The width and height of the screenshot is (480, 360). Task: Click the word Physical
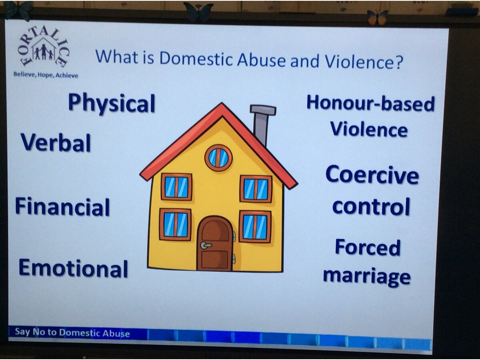coord(112,104)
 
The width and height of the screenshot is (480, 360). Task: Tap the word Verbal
coord(56,142)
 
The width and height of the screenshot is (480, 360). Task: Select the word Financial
coord(62,206)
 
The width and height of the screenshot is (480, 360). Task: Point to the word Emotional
coord(73,268)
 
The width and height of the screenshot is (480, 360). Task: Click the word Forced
coord(368,247)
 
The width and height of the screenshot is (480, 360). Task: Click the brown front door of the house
coord(215,244)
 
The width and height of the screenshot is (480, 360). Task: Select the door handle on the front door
coord(206,245)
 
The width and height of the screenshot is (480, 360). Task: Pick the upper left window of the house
coord(176,187)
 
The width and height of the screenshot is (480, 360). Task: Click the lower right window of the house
coord(255,226)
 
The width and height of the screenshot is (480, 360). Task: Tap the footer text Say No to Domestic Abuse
coord(72,333)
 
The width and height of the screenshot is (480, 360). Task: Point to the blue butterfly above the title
coord(198,11)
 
